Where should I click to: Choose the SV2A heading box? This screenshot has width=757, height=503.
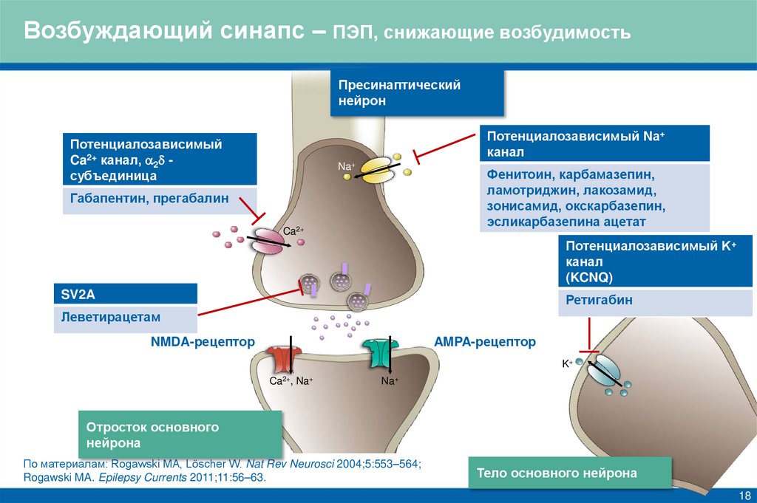[125, 294]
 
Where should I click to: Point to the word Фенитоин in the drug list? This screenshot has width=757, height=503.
[519, 177]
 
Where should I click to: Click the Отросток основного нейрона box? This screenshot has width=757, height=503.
[180, 436]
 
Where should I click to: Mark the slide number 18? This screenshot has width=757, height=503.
[744, 493]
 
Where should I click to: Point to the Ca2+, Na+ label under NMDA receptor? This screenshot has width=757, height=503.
[291, 381]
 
